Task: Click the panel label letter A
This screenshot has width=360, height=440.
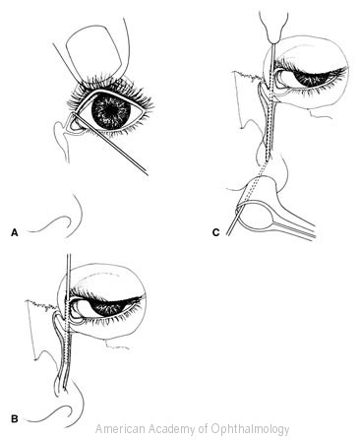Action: click(x=14, y=232)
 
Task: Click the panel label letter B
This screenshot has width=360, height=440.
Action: click(x=15, y=419)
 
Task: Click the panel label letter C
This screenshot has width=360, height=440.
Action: click(x=215, y=232)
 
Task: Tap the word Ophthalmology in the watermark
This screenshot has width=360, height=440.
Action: click(x=251, y=429)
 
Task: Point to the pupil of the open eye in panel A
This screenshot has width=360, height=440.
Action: click(x=111, y=110)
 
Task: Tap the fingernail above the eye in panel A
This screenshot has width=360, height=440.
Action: click(x=95, y=50)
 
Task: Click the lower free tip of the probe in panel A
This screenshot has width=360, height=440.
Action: click(x=147, y=173)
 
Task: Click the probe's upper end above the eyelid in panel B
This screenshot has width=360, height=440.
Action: click(x=69, y=255)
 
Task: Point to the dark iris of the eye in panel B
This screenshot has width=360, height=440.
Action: click(x=108, y=308)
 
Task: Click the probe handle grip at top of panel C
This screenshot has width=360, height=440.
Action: click(x=274, y=28)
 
